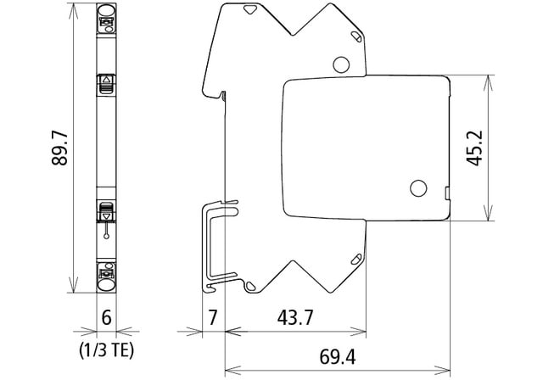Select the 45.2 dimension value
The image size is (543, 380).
[x=475, y=148]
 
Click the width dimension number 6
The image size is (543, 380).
[x=106, y=318]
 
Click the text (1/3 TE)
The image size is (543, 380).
[x=107, y=348]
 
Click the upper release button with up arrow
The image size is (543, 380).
[x=107, y=82]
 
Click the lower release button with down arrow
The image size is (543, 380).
[x=107, y=211]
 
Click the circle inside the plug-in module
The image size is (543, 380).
[x=418, y=188]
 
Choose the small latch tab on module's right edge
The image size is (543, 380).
[x=446, y=193]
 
